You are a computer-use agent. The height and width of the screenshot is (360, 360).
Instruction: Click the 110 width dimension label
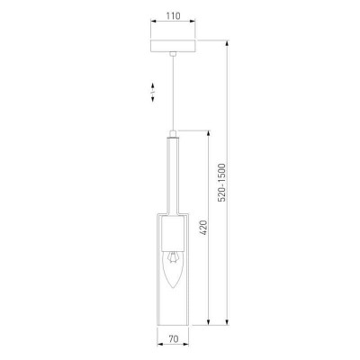click(173, 15)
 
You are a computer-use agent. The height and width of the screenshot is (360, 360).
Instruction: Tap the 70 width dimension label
click(173, 339)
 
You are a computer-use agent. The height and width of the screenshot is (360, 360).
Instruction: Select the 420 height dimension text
click(203, 228)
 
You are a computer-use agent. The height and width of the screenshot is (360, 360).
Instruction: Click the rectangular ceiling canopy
click(173, 46)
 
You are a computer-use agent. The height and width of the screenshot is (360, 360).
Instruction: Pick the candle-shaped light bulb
click(172, 269)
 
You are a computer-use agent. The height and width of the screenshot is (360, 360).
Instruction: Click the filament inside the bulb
click(172, 258)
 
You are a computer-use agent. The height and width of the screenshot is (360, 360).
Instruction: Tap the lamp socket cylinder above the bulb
click(173, 234)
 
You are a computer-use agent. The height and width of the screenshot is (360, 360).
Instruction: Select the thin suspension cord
click(173, 94)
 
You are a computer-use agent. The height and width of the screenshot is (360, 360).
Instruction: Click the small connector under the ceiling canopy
click(173, 54)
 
